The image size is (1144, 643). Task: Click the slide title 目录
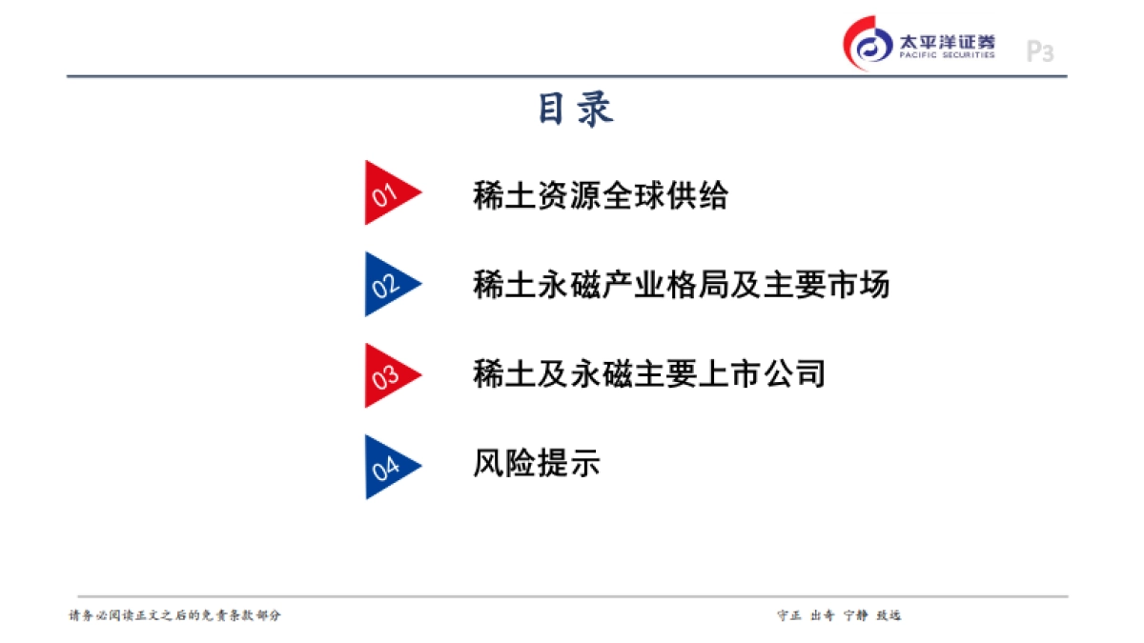(x=575, y=109)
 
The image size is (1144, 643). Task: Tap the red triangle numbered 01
(x=387, y=193)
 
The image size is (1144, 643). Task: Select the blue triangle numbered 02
(x=387, y=284)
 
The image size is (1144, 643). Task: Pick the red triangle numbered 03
(x=387, y=375)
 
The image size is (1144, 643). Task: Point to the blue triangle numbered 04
(x=387, y=467)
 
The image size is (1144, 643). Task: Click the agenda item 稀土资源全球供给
(x=601, y=195)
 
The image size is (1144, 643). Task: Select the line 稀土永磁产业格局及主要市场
(x=681, y=285)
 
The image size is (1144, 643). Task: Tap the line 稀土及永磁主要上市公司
(x=648, y=373)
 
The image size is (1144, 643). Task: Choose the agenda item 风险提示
(x=537, y=464)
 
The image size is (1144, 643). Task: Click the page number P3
(x=1039, y=51)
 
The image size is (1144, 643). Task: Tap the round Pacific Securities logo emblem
(x=868, y=44)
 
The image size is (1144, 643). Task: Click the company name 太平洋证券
(x=947, y=41)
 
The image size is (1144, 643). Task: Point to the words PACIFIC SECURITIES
(x=947, y=56)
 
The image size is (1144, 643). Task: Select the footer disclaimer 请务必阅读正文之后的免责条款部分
(x=175, y=615)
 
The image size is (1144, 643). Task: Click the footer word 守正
(x=787, y=615)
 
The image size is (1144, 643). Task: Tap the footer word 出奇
(x=822, y=615)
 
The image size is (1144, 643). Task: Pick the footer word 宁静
(x=856, y=615)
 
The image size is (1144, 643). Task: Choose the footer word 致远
(x=889, y=615)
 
